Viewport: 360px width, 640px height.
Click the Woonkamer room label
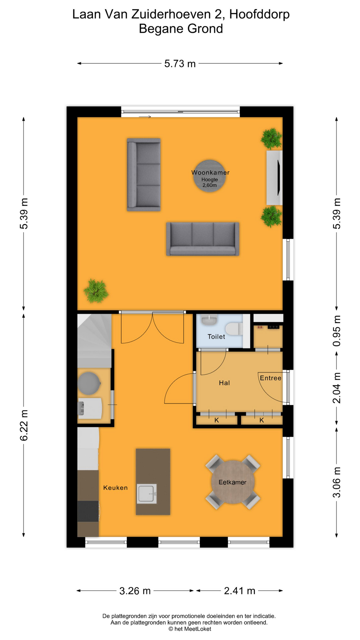click(210, 172)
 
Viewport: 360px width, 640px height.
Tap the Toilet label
click(216, 337)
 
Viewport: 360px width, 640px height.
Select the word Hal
click(224, 383)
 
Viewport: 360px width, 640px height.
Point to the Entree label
click(270, 378)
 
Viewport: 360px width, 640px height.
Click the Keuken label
click(115, 488)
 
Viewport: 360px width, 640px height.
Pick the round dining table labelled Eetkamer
click(233, 482)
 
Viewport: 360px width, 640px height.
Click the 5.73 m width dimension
click(180, 63)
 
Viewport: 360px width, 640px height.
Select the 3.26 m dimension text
click(135, 591)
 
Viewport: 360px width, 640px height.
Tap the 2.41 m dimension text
click(240, 591)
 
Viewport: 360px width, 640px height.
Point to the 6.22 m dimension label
click(24, 425)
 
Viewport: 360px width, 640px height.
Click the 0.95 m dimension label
click(337, 331)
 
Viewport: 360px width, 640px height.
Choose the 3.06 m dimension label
click(337, 482)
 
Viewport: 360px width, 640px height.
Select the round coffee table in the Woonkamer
click(210, 176)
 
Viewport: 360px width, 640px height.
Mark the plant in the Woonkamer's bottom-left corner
click(96, 291)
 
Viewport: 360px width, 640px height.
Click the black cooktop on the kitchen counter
click(88, 511)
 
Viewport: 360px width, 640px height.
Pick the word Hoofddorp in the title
click(259, 14)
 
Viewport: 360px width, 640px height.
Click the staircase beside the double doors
click(94, 341)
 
